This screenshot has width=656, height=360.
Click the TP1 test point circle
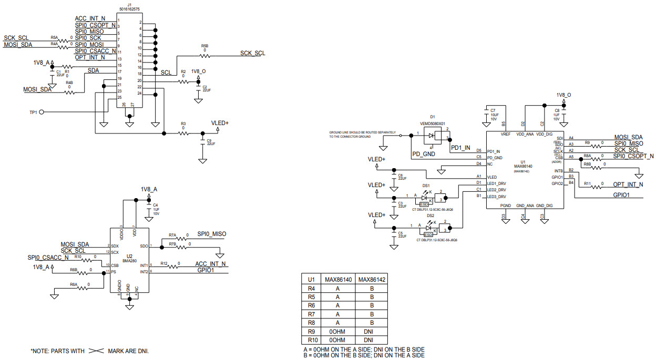(42, 111)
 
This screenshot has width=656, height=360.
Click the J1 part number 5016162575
(129, 9)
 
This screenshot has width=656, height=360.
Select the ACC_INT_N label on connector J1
(90, 18)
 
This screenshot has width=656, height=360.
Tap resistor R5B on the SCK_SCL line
(204, 55)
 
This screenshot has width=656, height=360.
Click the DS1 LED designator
(426, 186)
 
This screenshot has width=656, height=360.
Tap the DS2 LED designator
(430, 215)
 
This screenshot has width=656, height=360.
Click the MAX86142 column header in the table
(372, 280)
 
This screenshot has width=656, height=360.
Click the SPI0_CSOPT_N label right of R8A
(633, 156)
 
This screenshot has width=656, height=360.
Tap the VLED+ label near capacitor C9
(220, 122)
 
